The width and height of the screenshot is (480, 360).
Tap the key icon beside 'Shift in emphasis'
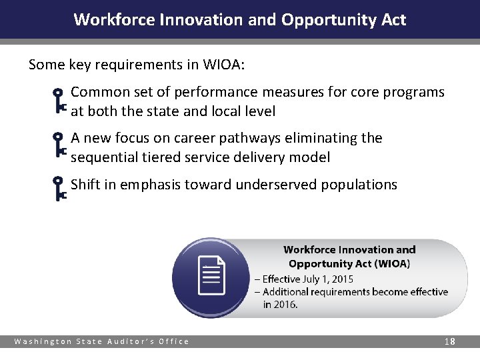tap(59, 189)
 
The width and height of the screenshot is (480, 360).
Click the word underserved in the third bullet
tap(278, 185)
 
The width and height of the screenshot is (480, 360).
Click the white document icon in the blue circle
tap(211, 276)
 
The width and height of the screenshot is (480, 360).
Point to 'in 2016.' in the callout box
tap(280, 305)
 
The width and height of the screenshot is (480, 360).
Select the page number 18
tap(450, 341)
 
